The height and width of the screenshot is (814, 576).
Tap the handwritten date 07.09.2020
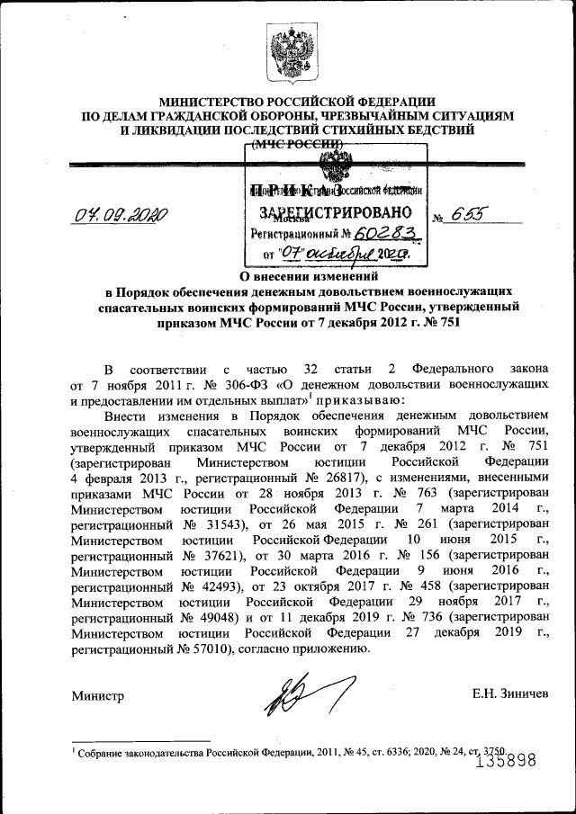coord(122,215)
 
